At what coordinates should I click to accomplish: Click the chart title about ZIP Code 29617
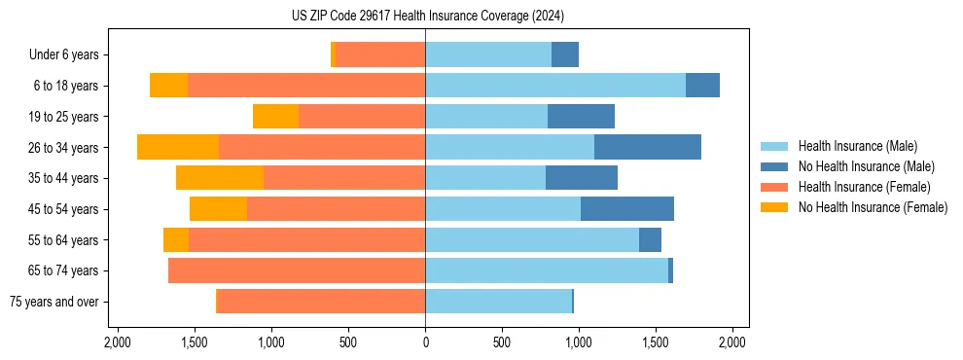427,16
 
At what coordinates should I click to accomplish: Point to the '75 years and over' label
54,302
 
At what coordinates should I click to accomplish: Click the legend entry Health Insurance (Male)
857,146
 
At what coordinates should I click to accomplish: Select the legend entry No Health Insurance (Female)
873,207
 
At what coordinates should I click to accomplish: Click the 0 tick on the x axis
425,342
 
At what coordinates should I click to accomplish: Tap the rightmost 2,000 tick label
732,342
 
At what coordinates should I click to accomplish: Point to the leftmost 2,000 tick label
118,342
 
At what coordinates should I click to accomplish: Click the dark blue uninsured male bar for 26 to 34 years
647,147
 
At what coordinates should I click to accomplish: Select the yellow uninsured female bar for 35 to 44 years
220,178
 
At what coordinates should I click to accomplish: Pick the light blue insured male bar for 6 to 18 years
555,86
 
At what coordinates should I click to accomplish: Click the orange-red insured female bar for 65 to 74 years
297,270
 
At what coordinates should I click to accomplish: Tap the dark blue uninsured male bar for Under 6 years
565,54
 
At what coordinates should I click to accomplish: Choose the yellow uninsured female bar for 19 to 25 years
275,116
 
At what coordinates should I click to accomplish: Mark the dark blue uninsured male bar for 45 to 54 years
627,209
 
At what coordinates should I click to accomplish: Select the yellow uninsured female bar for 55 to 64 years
176,239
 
